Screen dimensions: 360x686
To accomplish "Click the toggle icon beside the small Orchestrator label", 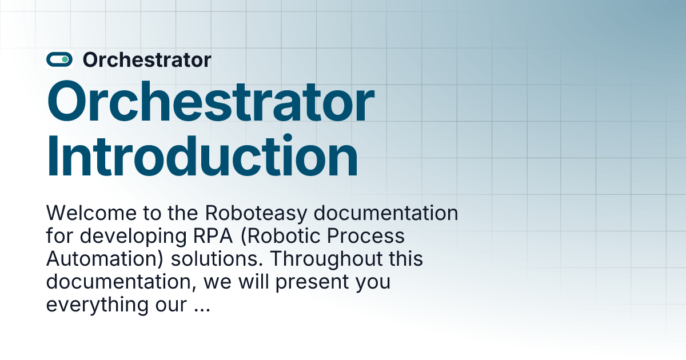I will pyautogui.click(x=59, y=59).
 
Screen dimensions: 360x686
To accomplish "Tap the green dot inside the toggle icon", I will pyautogui.click(x=65, y=59).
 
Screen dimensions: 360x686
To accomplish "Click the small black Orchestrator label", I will pyautogui.click(x=147, y=59).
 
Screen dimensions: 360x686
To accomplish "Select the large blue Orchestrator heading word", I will pyautogui.click(x=210, y=103).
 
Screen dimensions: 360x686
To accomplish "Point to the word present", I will pyautogui.click(x=306, y=282).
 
